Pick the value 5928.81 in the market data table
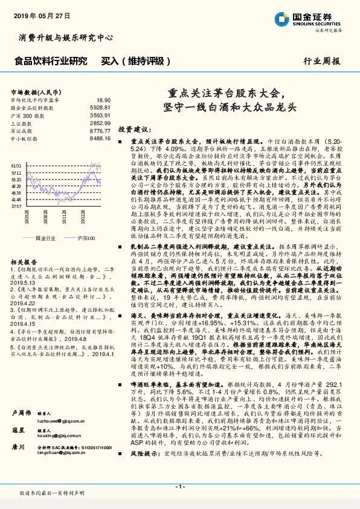101,107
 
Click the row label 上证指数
22,123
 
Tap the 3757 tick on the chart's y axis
16,206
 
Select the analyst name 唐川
17,446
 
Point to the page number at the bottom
179,487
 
